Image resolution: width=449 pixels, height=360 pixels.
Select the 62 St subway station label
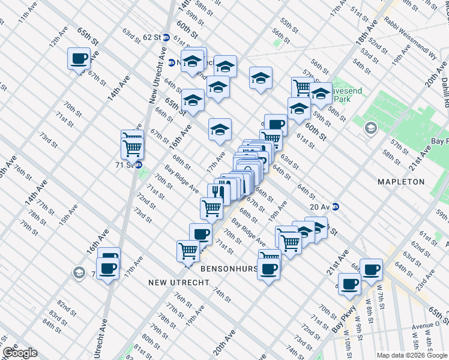click(x=152, y=37)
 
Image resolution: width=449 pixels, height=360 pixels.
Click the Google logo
click(x=19, y=353)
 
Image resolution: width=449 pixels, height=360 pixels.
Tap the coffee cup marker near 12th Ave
click(x=79, y=59)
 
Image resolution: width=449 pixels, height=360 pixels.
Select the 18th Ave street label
click(x=364, y=38)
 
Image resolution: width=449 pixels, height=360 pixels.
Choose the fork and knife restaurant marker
click(x=216, y=192)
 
